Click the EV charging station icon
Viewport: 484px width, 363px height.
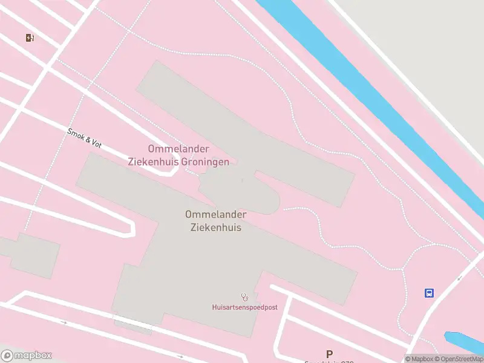(30, 38)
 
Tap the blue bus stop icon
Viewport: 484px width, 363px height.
(429, 293)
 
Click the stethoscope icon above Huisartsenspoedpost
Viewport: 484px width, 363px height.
(245, 297)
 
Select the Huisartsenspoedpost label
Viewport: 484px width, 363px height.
(244, 307)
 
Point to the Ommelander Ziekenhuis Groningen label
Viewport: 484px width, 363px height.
(178, 155)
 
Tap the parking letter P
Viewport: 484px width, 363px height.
(329, 355)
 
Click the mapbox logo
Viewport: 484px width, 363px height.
(27, 356)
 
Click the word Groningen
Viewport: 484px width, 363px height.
(204, 162)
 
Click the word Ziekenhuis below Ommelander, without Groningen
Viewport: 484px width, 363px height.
(216, 227)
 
